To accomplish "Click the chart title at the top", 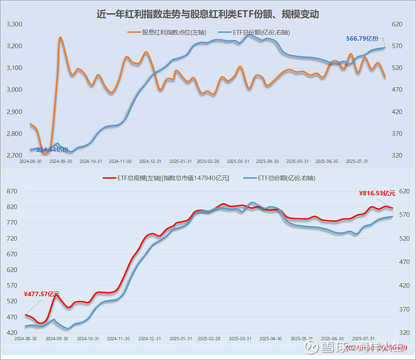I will [x=207, y=15].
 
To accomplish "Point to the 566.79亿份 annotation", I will [x=362, y=38].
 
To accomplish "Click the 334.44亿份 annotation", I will [x=52, y=150].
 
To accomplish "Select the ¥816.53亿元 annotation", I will [x=377, y=193].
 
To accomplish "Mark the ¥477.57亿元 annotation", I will [x=42, y=295].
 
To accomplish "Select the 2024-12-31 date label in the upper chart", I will [x=151, y=161].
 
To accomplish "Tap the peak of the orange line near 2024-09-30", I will [x=60, y=37].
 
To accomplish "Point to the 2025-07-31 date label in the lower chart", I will [x=362, y=338].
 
